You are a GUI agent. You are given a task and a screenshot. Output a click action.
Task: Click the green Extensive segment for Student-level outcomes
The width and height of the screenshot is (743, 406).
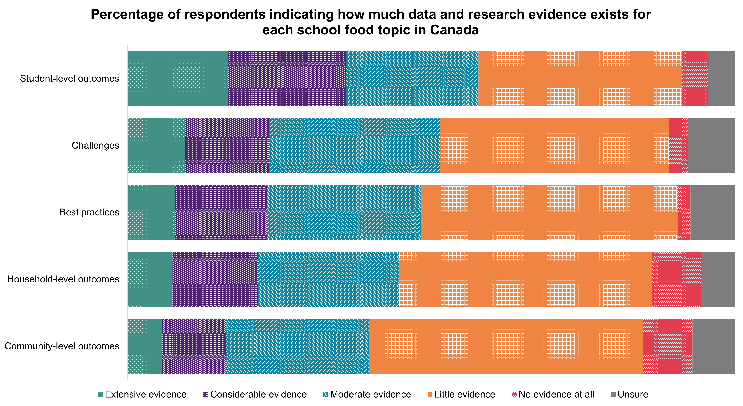[x=178, y=79]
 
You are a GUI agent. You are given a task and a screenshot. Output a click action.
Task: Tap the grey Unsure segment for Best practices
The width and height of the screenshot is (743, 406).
[x=713, y=212]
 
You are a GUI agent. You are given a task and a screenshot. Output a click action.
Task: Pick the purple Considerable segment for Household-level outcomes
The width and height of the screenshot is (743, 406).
[x=215, y=279]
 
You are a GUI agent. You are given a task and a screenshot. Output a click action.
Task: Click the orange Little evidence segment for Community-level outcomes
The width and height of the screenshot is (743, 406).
[x=506, y=346]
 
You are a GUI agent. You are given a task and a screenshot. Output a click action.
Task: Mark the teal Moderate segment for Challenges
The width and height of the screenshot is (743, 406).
[x=354, y=145]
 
